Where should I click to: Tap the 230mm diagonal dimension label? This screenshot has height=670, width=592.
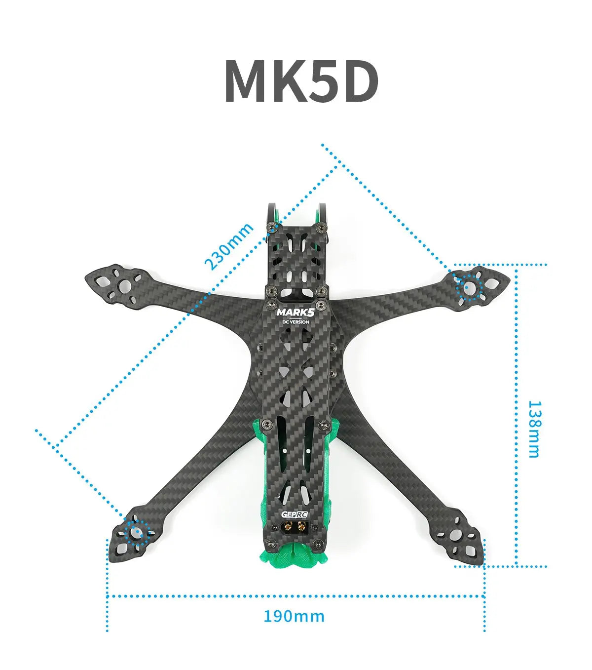[229, 246]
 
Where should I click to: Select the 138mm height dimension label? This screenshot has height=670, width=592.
[534, 429]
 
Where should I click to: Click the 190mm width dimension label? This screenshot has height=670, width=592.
[294, 616]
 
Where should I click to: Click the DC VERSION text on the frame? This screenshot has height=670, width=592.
[295, 322]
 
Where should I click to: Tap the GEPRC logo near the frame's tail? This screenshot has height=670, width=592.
[295, 514]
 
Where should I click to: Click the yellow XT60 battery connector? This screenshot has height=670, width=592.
[295, 528]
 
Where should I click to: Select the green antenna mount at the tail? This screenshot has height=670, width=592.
[295, 556]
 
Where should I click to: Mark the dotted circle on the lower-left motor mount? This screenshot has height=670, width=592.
[135, 532]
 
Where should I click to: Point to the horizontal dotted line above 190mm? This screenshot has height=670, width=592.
[295, 596]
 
